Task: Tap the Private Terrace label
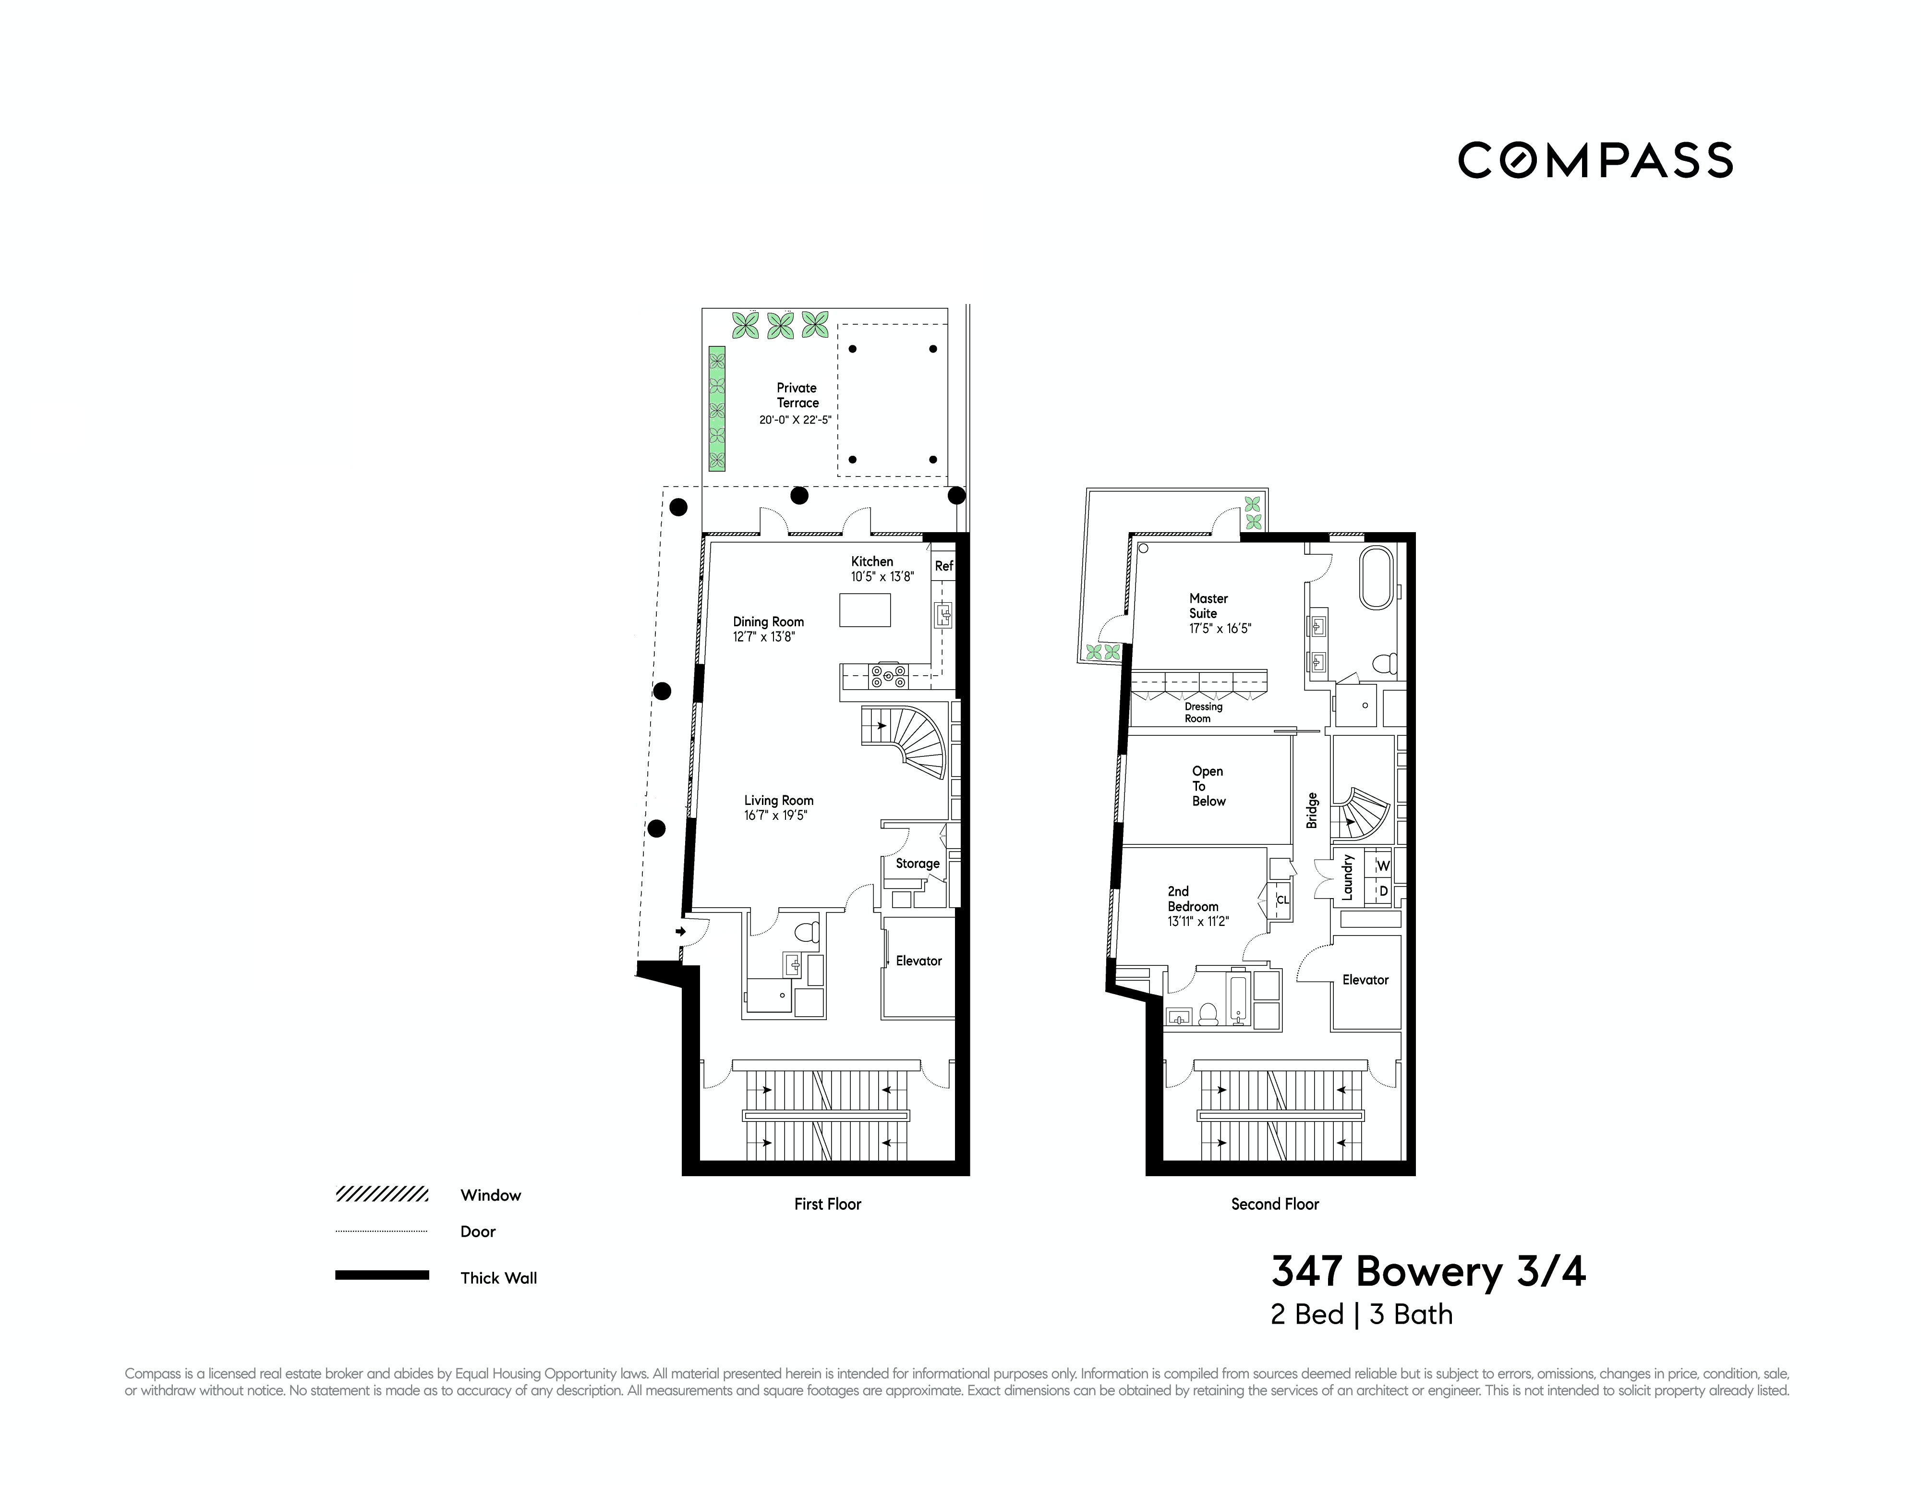(797, 395)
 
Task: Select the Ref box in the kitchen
(943, 566)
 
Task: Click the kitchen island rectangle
(865, 609)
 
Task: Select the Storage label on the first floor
(918, 863)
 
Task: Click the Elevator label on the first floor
(918, 961)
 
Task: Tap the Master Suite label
(1208, 605)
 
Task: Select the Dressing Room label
(1202, 712)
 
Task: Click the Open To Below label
(1208, 786)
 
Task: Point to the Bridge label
(1311, 810)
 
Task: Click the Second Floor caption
(1275, 1204)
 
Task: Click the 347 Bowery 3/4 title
(1427, 1271)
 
